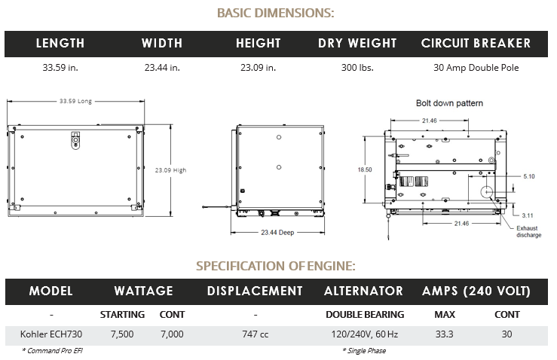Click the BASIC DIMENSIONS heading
click(276, 13)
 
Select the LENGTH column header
click(60, 44)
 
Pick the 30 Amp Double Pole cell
click(476, 68)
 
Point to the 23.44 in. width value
click(162, 68)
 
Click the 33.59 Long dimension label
click(75, 101)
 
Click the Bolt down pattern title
click(449, 102)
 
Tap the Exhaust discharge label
click(528, 231)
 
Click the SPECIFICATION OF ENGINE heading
click(276, 266)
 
